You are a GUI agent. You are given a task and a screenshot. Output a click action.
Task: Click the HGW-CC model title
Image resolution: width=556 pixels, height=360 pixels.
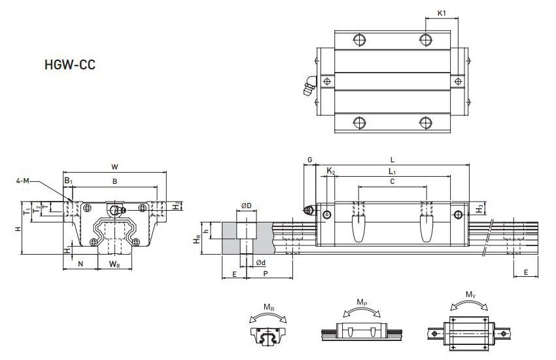(x=70, y=65)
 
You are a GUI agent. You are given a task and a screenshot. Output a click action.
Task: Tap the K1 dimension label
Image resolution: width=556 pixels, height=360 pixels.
(x=442, y=12)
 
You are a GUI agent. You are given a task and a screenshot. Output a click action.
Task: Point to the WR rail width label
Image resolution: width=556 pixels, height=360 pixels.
(x=114, y=264)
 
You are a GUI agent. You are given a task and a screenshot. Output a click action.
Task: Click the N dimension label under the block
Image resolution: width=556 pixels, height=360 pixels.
(x=80, y=264)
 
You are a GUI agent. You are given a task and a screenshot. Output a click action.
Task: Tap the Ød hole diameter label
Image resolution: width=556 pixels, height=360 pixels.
(x=260, y=262)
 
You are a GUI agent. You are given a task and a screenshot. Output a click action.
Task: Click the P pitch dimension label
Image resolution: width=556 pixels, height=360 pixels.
(x=265, y=275)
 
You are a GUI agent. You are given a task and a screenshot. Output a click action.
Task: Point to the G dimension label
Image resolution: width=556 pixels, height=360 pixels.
(x=309, y=159)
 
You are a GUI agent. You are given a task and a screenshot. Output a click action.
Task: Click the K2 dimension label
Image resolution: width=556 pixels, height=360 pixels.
(x=331, y=171)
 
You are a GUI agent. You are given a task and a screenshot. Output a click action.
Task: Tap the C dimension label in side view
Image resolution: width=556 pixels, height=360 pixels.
(x=391, y=181)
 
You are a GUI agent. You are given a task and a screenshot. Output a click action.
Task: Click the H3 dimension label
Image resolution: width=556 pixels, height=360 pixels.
(x=480, y=208)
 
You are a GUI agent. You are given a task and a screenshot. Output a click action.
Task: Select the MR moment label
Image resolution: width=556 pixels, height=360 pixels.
(x=268, y=306)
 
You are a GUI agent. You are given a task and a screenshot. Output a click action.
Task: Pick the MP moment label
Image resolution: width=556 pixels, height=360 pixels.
(x=361, y=302)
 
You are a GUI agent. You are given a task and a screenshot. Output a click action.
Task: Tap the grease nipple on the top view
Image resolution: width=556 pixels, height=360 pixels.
(x=309, y=88)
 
